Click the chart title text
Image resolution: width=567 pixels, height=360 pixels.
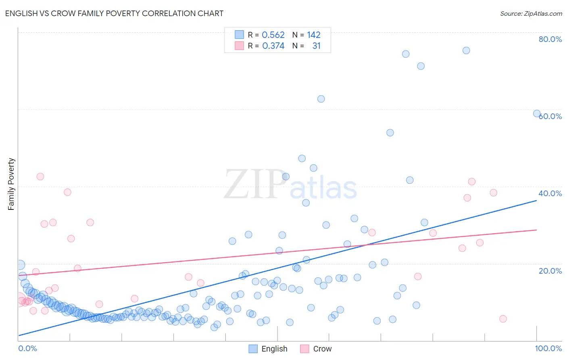click(x=114, y=13)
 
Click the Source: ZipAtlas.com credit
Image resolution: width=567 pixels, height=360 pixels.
click(x=531, y=13)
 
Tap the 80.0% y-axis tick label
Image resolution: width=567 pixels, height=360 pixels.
click(x=550, y=39)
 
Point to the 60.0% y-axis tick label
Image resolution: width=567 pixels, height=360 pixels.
click(x=550, y=116)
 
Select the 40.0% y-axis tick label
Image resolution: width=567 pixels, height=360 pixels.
click(x=550, y=193)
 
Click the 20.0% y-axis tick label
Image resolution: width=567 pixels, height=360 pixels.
click(x=550, y=271)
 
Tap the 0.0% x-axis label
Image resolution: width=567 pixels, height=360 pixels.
click(x=27, y=348)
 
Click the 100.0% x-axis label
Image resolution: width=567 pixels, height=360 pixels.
click(x=548, y=348)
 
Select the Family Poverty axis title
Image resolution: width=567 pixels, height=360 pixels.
click(x=11, y=184)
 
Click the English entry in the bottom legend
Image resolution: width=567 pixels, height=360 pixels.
click(x=274, y=349)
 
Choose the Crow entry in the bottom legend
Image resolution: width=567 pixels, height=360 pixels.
click(x=322, y=349)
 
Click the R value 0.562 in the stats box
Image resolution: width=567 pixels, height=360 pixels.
click(x=273, y=35)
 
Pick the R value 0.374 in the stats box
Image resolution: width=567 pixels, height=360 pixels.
click(x=273, y=46)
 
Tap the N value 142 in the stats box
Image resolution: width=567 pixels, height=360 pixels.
click(x=313, y=35)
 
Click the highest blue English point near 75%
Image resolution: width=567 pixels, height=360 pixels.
click(x=466, y=50)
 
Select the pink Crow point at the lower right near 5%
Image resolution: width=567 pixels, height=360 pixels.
click(x=503, y=319)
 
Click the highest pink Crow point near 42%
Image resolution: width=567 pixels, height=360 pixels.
click(x=40, y=176)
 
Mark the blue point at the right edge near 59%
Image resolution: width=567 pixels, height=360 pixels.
click(x=537, y=113)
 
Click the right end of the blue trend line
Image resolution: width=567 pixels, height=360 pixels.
click(x=537, y=200)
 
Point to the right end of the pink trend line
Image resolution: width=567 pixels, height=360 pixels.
click(x=537, y=230)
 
